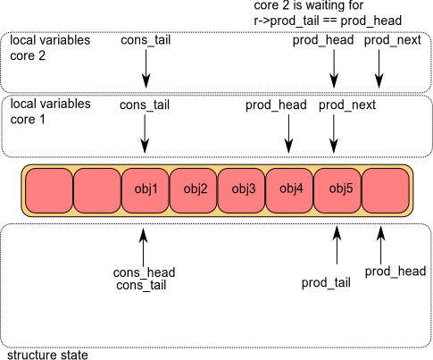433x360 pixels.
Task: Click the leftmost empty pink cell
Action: (x=48, y=190)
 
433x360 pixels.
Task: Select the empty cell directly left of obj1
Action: (x=96, y=190)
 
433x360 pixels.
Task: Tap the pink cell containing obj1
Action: (x=145, y=190)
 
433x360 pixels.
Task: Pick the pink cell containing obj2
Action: (x=193, y=190)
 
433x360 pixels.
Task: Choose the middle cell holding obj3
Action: (x=241, y=190)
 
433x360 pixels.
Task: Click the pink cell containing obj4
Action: (x=289, y=190)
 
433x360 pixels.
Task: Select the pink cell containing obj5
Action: (x=337, y=190)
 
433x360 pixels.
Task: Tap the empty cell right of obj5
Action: (x=386, y=190)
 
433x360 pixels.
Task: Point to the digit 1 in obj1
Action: (x=154, y=188)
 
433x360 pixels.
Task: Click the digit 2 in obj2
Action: (x=204, y=188)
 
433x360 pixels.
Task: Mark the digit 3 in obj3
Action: (x=252, y=188)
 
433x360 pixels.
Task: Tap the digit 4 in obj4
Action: (x=300, y=188)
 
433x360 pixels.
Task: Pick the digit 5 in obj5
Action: (x=349, y=188)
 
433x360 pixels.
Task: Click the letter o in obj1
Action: (x=137, y=189)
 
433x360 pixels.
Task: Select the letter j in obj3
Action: (x=246, y=189)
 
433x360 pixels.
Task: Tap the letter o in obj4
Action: (x=283, y=189)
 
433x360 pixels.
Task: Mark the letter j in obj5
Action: (x=344, y=189)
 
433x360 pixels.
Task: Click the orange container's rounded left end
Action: (x=24, y=190)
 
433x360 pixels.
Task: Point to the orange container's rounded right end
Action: (x=411, y=190)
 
